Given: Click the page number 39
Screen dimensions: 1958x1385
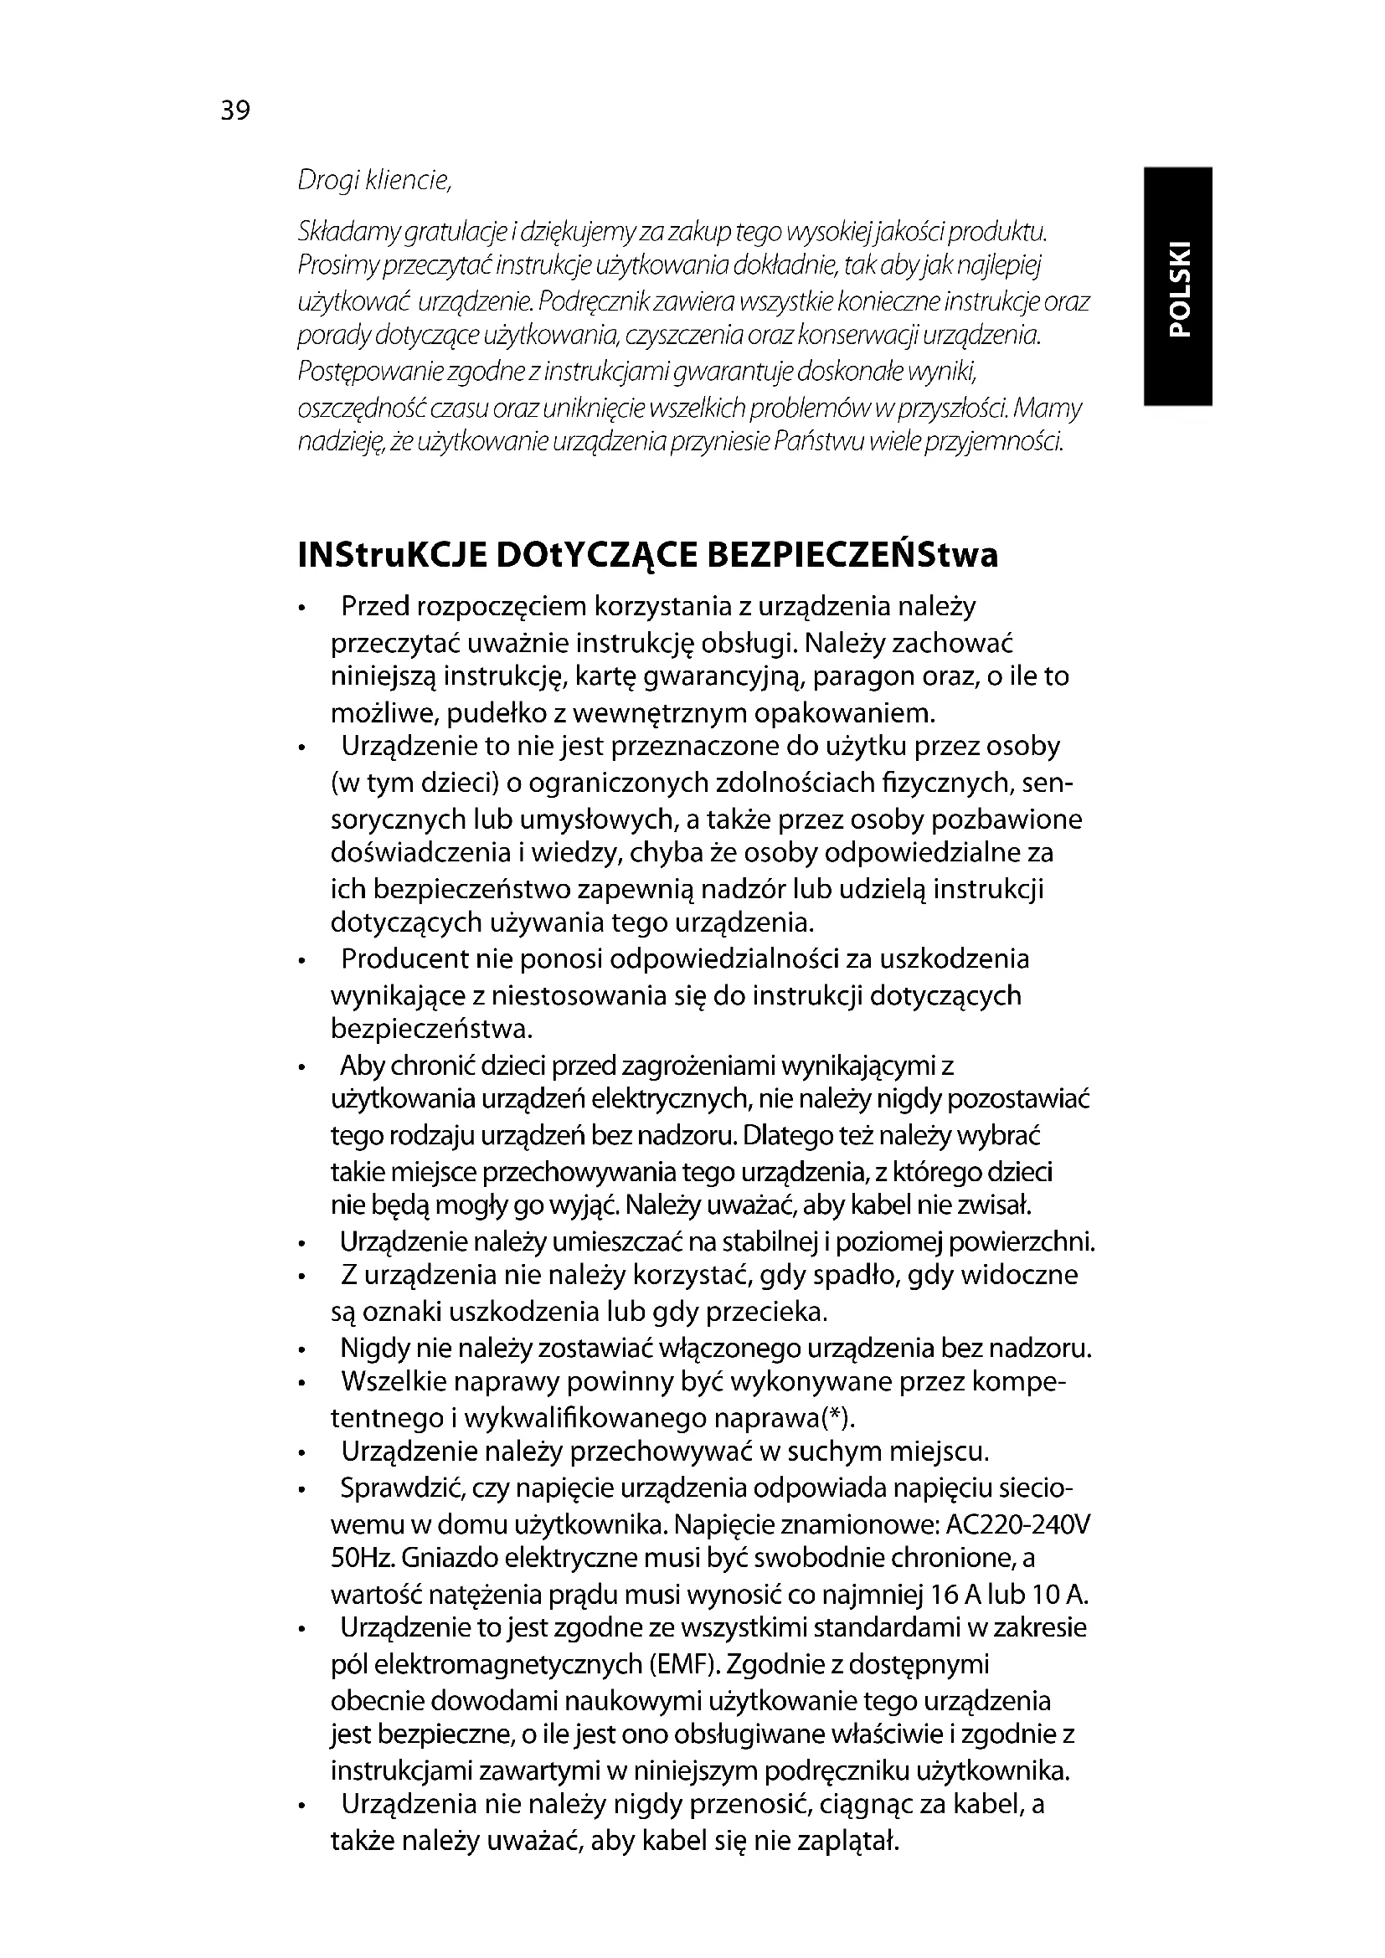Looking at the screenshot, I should tap(235, 110).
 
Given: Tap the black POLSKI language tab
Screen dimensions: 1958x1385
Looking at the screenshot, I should tap(1178, 286).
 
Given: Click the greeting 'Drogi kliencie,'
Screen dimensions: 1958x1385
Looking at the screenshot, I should tap(373, 181).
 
